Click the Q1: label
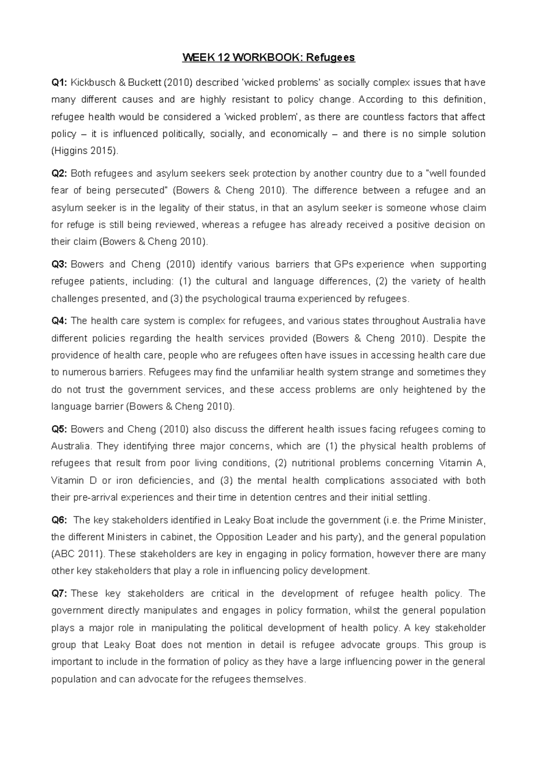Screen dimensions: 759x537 (60, 83)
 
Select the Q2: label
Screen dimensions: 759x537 (60, 173)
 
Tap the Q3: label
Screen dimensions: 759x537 (60, 265)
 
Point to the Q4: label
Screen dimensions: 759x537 (60, 321)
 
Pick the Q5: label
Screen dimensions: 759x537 (60, 430)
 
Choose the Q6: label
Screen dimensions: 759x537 (60, 520)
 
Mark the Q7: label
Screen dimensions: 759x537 (60, 594)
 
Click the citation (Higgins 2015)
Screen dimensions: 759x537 (85, 152)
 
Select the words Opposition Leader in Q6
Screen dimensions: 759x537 (256, 537)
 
